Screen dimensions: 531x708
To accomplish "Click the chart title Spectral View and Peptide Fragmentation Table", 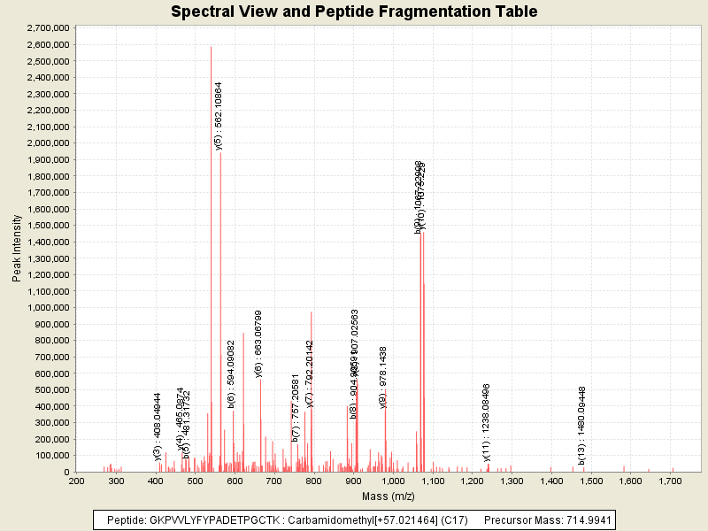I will pyautogui.click(x=354, y=12).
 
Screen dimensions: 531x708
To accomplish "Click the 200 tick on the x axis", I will pyautogui.click(x=77, y=481).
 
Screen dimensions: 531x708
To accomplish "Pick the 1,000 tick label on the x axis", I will pyautogui.click(x=393, y=481).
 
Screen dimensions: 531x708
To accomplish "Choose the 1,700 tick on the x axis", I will pyautogui.click(x=670, y=481).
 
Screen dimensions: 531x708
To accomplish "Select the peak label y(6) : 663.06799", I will pyautogui.click(x=258, y=343).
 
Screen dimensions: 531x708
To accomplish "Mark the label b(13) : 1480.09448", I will pyautogui.click(x=582, y=425).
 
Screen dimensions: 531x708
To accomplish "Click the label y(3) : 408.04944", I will pyautogui.click(x=158, y=414).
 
